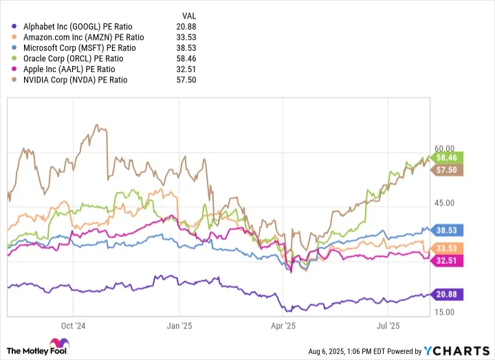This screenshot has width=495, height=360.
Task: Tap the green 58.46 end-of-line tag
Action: (448, 157)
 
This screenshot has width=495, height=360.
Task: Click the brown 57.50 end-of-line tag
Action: (448, 170)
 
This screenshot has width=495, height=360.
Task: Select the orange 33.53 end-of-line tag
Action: (448, 248)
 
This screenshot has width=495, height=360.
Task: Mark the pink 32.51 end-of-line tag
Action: (448, 260)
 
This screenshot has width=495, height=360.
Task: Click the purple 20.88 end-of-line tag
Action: (448, 294)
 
